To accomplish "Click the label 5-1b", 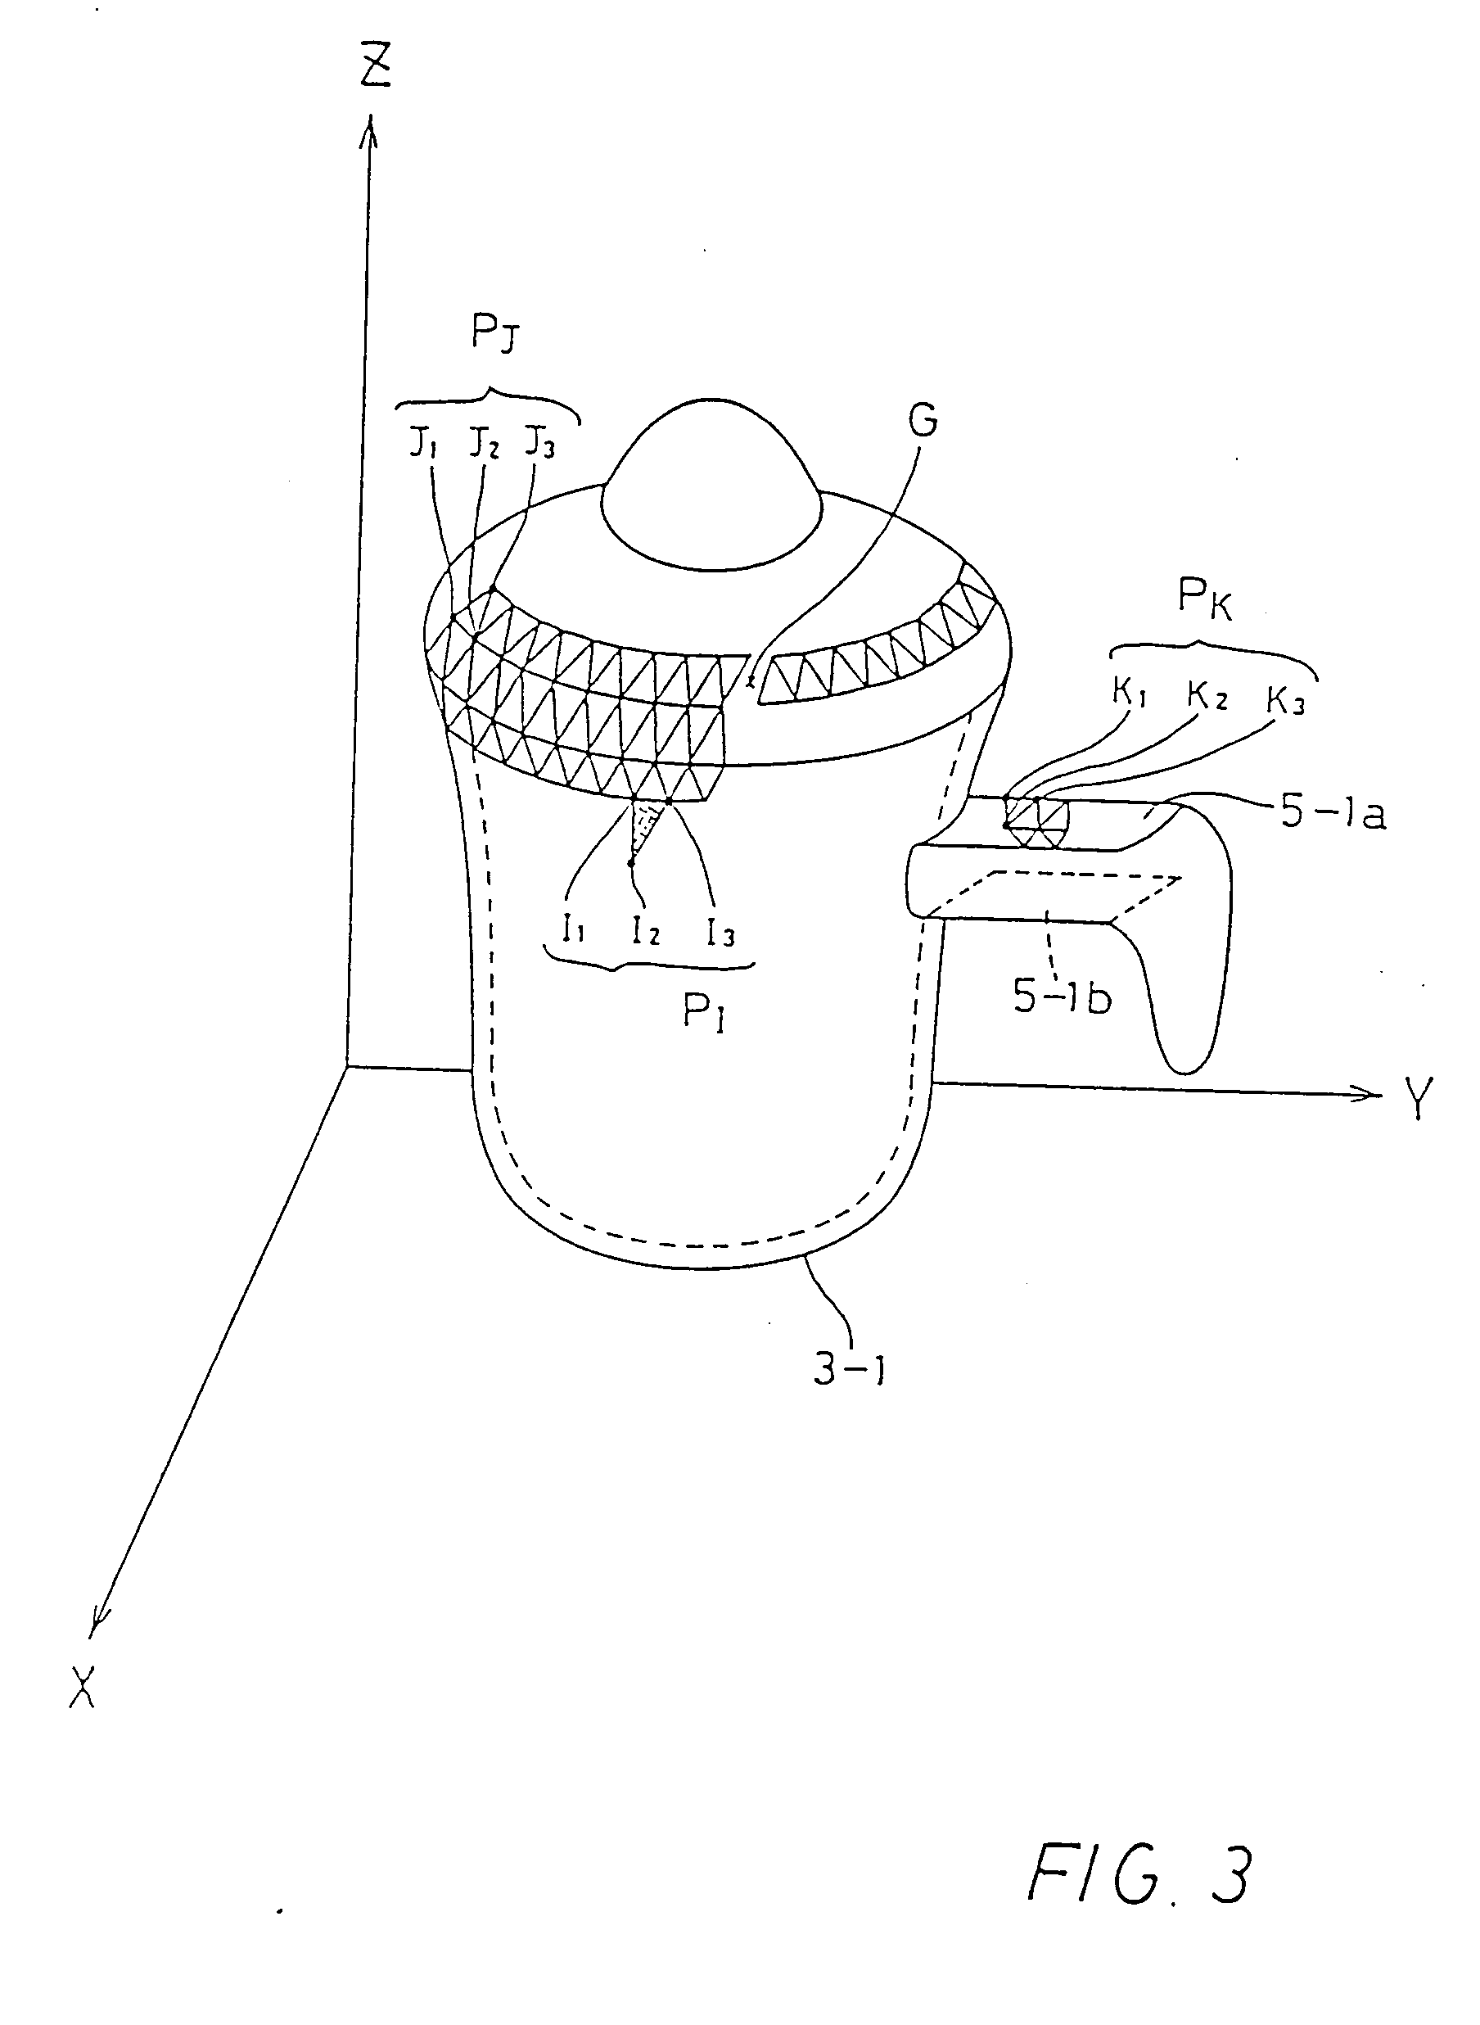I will pyautogui.click(x=1062, y=997).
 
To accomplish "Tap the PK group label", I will pyautogui.click(x=1205, y=599).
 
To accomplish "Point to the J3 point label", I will pyautogui.click(x=539, y=443).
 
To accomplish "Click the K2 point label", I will pyautogui.click(x=1207, y=696).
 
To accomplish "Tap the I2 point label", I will pyautogui.click(x=645, y=932).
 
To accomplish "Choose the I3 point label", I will pyautogui.click(x=720, y=933).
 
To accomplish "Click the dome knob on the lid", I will pyautogui.click(x=711, y=488).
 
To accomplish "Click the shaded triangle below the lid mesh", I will pyautogui.click(x=646, y=825).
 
